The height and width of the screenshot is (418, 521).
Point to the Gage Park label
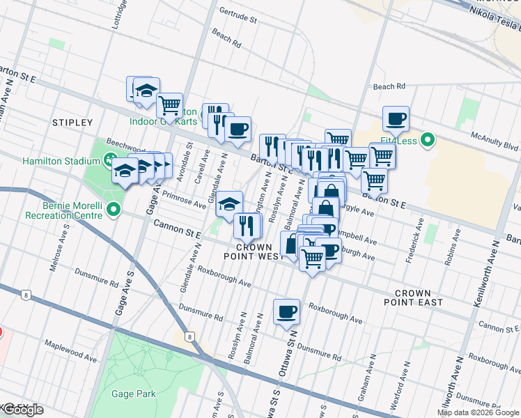pos(134,394)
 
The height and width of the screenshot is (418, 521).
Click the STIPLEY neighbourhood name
pos(72,123)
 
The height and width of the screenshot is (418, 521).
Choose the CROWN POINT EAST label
pos(412,298)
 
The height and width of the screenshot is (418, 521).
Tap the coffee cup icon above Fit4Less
pos(396,119)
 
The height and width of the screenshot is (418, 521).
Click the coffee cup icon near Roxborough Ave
pos(286,311)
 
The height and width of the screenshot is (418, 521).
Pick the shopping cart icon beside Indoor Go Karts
pos(169,106)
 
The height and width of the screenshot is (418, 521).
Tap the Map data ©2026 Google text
pos(478,412)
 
